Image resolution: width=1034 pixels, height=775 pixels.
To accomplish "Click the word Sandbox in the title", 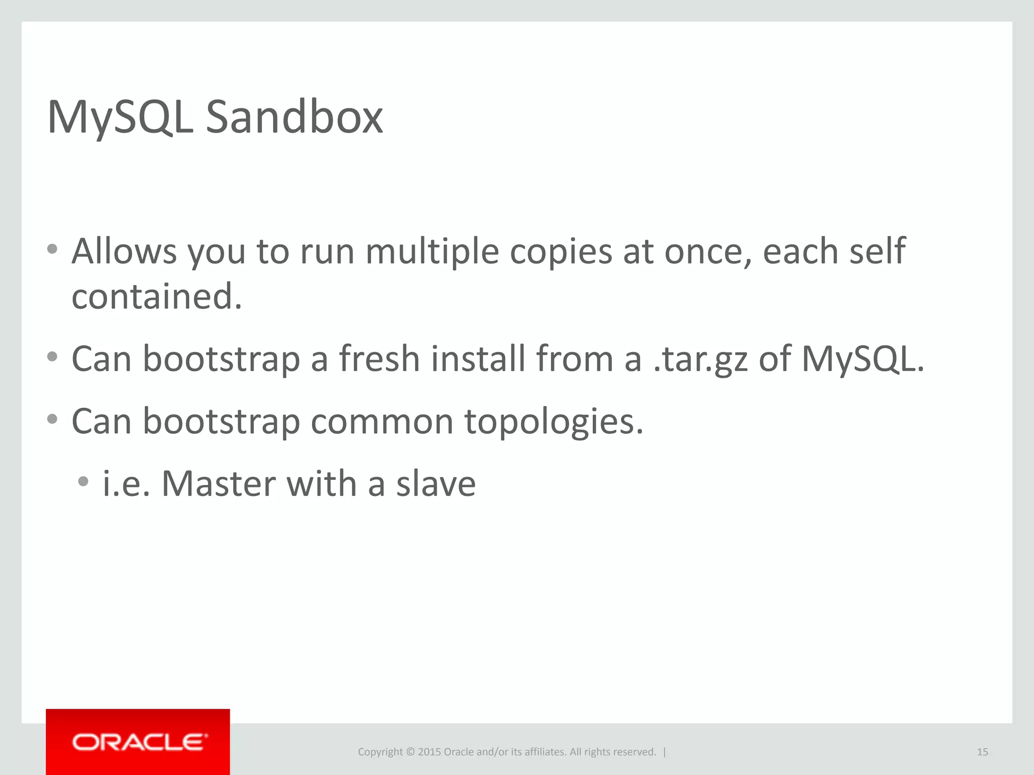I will click(x=294, y=117).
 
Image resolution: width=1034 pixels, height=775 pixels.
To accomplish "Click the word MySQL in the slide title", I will click(x=120, y=118).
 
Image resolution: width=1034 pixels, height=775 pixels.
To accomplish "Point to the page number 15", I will click(x=982, y=752).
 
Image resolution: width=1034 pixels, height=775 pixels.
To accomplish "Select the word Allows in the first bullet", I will click(x=124, y=251).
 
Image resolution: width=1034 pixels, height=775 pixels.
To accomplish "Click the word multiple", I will click(x=432, y=251).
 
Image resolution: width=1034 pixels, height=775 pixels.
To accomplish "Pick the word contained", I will click(x=157, y=297).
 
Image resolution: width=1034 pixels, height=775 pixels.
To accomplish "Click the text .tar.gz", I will click(x=700, y=359).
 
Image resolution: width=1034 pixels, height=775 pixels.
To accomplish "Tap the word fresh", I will click(x=379, y=359).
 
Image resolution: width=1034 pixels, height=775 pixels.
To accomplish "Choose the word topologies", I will click(x=554, y=422).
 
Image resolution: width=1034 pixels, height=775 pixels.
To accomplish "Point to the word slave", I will click(x=436, y=484).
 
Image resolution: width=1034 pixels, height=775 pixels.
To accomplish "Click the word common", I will click(x=382, y=422).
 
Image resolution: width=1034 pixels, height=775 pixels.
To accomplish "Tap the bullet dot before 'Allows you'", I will click(x=52, y=249).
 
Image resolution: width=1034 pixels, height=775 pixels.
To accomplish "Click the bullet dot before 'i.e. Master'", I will click(x=83, y=481).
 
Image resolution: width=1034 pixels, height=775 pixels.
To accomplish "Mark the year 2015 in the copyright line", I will click(x=429, y=752).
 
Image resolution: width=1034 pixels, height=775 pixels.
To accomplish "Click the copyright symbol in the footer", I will click(x=410, y=752).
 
